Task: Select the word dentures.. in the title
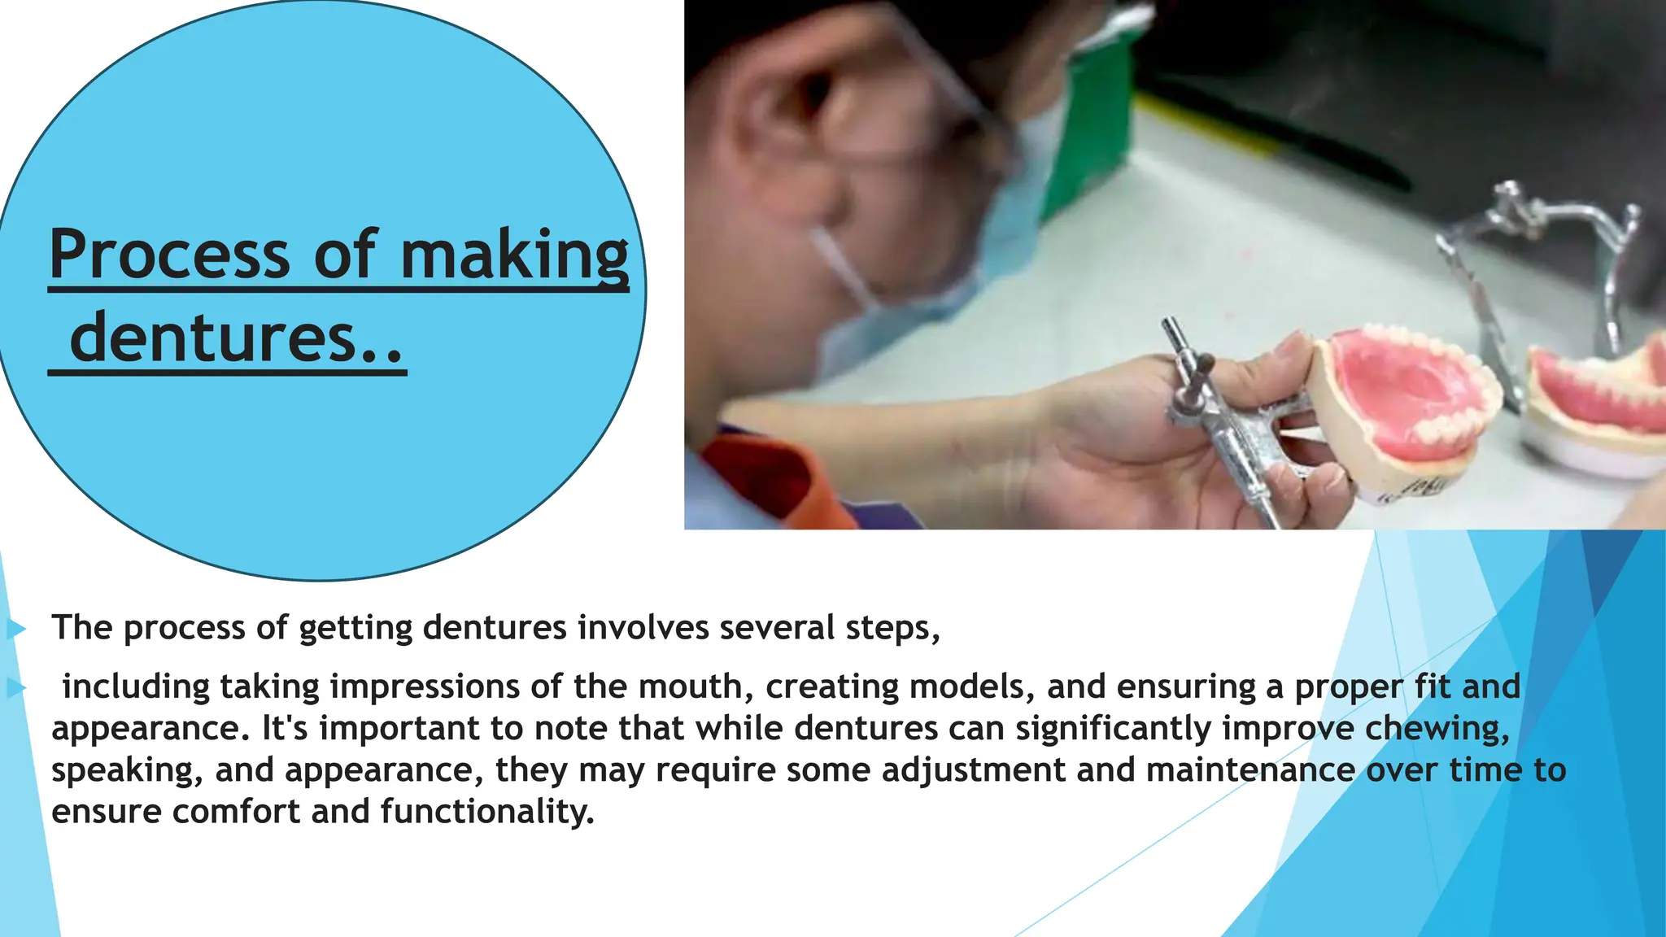point(236,339)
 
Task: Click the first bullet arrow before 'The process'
point(16,629)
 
